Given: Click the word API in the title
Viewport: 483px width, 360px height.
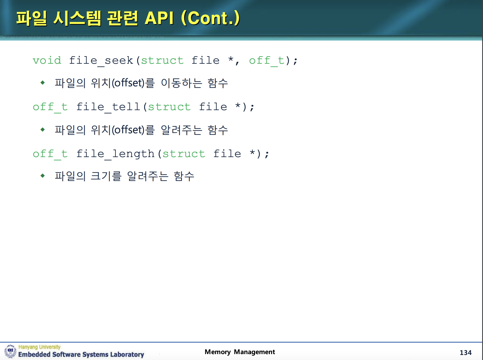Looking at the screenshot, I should [159, 18].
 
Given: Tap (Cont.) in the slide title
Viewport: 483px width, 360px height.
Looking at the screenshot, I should [210, 18].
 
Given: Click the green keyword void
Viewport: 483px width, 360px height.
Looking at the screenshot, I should [47, 60].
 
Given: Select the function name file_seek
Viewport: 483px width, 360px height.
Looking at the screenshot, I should [101, 60].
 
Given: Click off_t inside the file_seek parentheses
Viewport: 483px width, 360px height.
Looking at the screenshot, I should [267, 60].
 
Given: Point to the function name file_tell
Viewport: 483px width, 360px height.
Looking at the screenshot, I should [108, 107].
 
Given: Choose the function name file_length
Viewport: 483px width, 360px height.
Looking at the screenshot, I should [115, 154].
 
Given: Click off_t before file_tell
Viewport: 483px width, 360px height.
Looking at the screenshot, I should [50, 107].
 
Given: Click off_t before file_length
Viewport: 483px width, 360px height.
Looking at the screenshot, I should [50, 154].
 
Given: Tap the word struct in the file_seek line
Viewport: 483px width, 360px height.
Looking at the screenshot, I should [162, 60].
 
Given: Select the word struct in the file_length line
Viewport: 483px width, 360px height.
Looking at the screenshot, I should [184, 154].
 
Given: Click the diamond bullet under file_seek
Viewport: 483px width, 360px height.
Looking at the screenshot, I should [42, 82].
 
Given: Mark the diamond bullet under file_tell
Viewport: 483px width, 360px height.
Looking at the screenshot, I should [42, 129].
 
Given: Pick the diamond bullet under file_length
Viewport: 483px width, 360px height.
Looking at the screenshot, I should [42, 176].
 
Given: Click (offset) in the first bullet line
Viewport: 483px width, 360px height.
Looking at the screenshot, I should [128, 83].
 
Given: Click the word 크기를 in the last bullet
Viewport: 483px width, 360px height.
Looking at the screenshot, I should [106, 176].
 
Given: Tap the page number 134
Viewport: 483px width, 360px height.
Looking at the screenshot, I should [465, 352].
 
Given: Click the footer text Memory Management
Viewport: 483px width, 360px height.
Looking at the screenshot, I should [240, 352].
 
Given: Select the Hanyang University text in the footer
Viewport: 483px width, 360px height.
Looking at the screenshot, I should [39, 347].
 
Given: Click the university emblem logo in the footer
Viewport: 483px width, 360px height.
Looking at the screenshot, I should [10, 351].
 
